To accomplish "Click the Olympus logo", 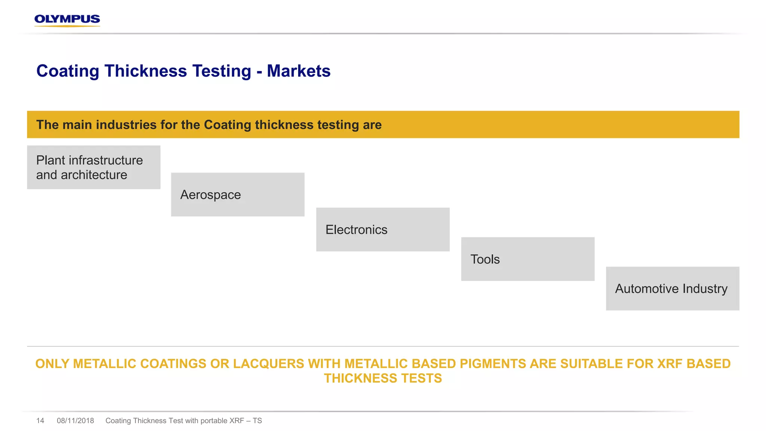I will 67,20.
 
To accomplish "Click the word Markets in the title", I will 298,71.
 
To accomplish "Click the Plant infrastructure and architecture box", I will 94,167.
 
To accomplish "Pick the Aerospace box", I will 238,195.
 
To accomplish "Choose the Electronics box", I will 383,229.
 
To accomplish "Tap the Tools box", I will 527,259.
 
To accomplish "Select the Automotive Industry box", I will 672,288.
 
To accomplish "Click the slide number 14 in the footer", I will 40,421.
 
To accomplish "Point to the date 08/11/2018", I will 75,421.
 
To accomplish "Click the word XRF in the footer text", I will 236,421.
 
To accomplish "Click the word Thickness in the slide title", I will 146,71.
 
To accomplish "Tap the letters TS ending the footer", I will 257,421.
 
